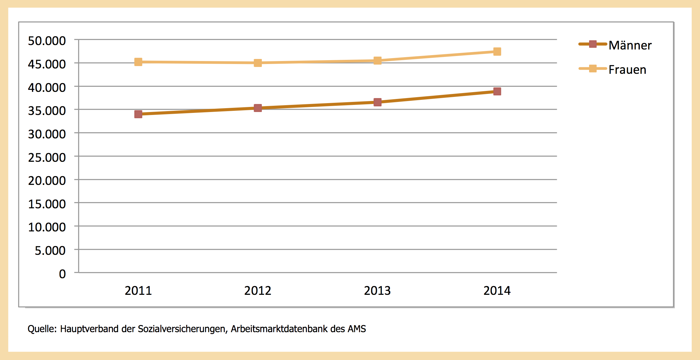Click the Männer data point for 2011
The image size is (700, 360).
coord(138,114)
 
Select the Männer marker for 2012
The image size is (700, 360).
coord(258,108)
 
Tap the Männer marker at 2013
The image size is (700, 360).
coord(377,102)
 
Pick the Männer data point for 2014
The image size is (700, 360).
coord(497,91)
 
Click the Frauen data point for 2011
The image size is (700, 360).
coord(138,62)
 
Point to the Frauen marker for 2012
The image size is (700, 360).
coord(258,63)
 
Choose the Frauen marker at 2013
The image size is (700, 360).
coord(377,61)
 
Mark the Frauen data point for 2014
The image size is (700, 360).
coord(497,52)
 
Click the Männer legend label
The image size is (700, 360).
coord(630,45)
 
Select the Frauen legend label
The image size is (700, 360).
coord(627,70)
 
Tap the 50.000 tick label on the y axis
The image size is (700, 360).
coord(47,41)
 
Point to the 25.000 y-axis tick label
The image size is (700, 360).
coord(47,158)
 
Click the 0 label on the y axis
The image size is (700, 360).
coord(62,274)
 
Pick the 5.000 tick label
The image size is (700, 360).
coord(50,251)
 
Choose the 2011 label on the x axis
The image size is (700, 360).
coord(138,291)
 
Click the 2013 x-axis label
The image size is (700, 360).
coord(377,291)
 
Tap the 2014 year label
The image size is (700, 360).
coord(497,291)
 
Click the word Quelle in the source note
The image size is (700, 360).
coord(42,329)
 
